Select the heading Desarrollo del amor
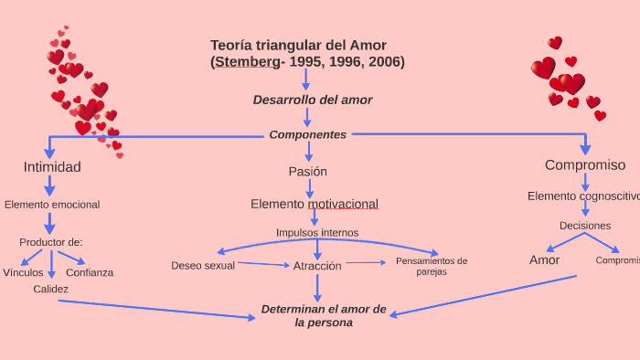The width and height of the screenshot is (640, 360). tap(313, 100)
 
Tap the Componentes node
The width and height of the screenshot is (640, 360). tap(308, 134)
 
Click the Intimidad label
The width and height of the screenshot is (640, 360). tap(52, 167)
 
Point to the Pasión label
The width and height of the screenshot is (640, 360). tap(307, 171)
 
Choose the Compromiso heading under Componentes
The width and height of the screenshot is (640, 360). tap(585, 165)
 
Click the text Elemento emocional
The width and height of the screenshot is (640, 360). tap(52, 205)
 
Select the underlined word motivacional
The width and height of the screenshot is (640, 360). tap(343, 204)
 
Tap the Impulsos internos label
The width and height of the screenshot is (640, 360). tap(317, 232)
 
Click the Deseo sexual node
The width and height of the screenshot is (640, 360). tap(203, 266)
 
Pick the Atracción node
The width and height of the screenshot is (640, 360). tap(317, 266)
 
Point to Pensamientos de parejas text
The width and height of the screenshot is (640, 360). tap(432, 266)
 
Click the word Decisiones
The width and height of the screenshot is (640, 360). tap(585, 226)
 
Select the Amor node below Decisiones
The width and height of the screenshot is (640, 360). tap(544, 260)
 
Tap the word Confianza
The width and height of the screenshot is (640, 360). tap(90, 272)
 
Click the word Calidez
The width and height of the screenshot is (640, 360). tap(51, 289)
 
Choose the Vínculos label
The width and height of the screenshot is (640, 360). tap(23, 272)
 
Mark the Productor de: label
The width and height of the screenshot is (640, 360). tap(51, 242)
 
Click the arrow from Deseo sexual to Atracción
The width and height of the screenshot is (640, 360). tap(263, 265)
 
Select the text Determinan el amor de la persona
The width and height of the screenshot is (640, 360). tap(324, 315)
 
